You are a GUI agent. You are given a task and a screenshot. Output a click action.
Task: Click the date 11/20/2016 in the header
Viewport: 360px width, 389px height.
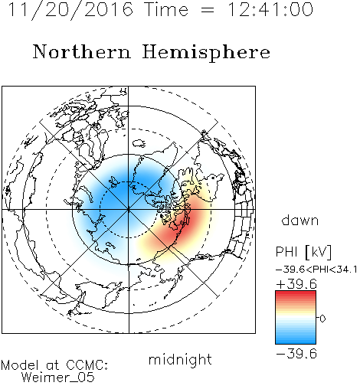70,10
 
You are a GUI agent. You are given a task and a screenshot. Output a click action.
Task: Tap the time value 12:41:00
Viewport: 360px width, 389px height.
270,9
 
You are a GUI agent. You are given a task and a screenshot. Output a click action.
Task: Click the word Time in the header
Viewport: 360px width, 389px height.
166,9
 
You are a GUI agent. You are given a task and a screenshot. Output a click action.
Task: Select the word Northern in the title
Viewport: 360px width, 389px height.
82,51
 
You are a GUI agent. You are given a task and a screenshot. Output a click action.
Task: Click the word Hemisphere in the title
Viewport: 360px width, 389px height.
206,53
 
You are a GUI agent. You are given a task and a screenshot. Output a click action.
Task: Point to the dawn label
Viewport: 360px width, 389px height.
300,221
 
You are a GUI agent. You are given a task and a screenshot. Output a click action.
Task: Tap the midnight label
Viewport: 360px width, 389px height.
180,359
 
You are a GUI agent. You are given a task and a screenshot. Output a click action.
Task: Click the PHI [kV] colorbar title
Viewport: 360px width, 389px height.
303,252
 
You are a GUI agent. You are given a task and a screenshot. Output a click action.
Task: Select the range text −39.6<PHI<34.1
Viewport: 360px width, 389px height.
316,270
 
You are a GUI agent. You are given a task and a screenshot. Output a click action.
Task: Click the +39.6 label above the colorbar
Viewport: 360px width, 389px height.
296,284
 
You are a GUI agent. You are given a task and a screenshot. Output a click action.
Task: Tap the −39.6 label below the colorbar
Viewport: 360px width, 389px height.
296,354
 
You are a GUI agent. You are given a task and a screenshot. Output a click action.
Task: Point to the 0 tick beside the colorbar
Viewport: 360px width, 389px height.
322,319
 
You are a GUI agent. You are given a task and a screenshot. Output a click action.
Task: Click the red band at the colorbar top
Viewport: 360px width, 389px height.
296,294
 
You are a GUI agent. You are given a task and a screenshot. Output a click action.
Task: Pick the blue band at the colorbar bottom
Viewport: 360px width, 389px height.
296,341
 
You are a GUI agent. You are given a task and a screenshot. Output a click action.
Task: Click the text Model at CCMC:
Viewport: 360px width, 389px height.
54,365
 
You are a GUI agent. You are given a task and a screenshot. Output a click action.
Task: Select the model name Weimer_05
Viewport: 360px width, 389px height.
58,378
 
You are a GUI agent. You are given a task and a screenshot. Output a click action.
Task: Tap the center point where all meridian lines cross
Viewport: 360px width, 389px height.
129,209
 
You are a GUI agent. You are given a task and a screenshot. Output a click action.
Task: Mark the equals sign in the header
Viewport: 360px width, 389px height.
207,10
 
